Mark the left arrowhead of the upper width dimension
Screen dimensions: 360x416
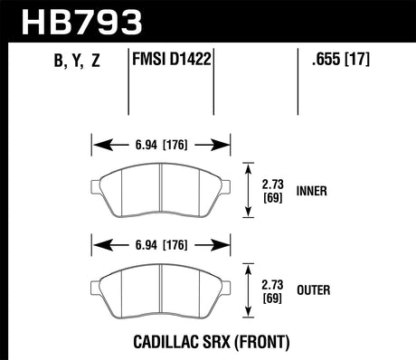click(x=97, y=144)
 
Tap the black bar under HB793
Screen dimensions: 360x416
click(x=208, y=39)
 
